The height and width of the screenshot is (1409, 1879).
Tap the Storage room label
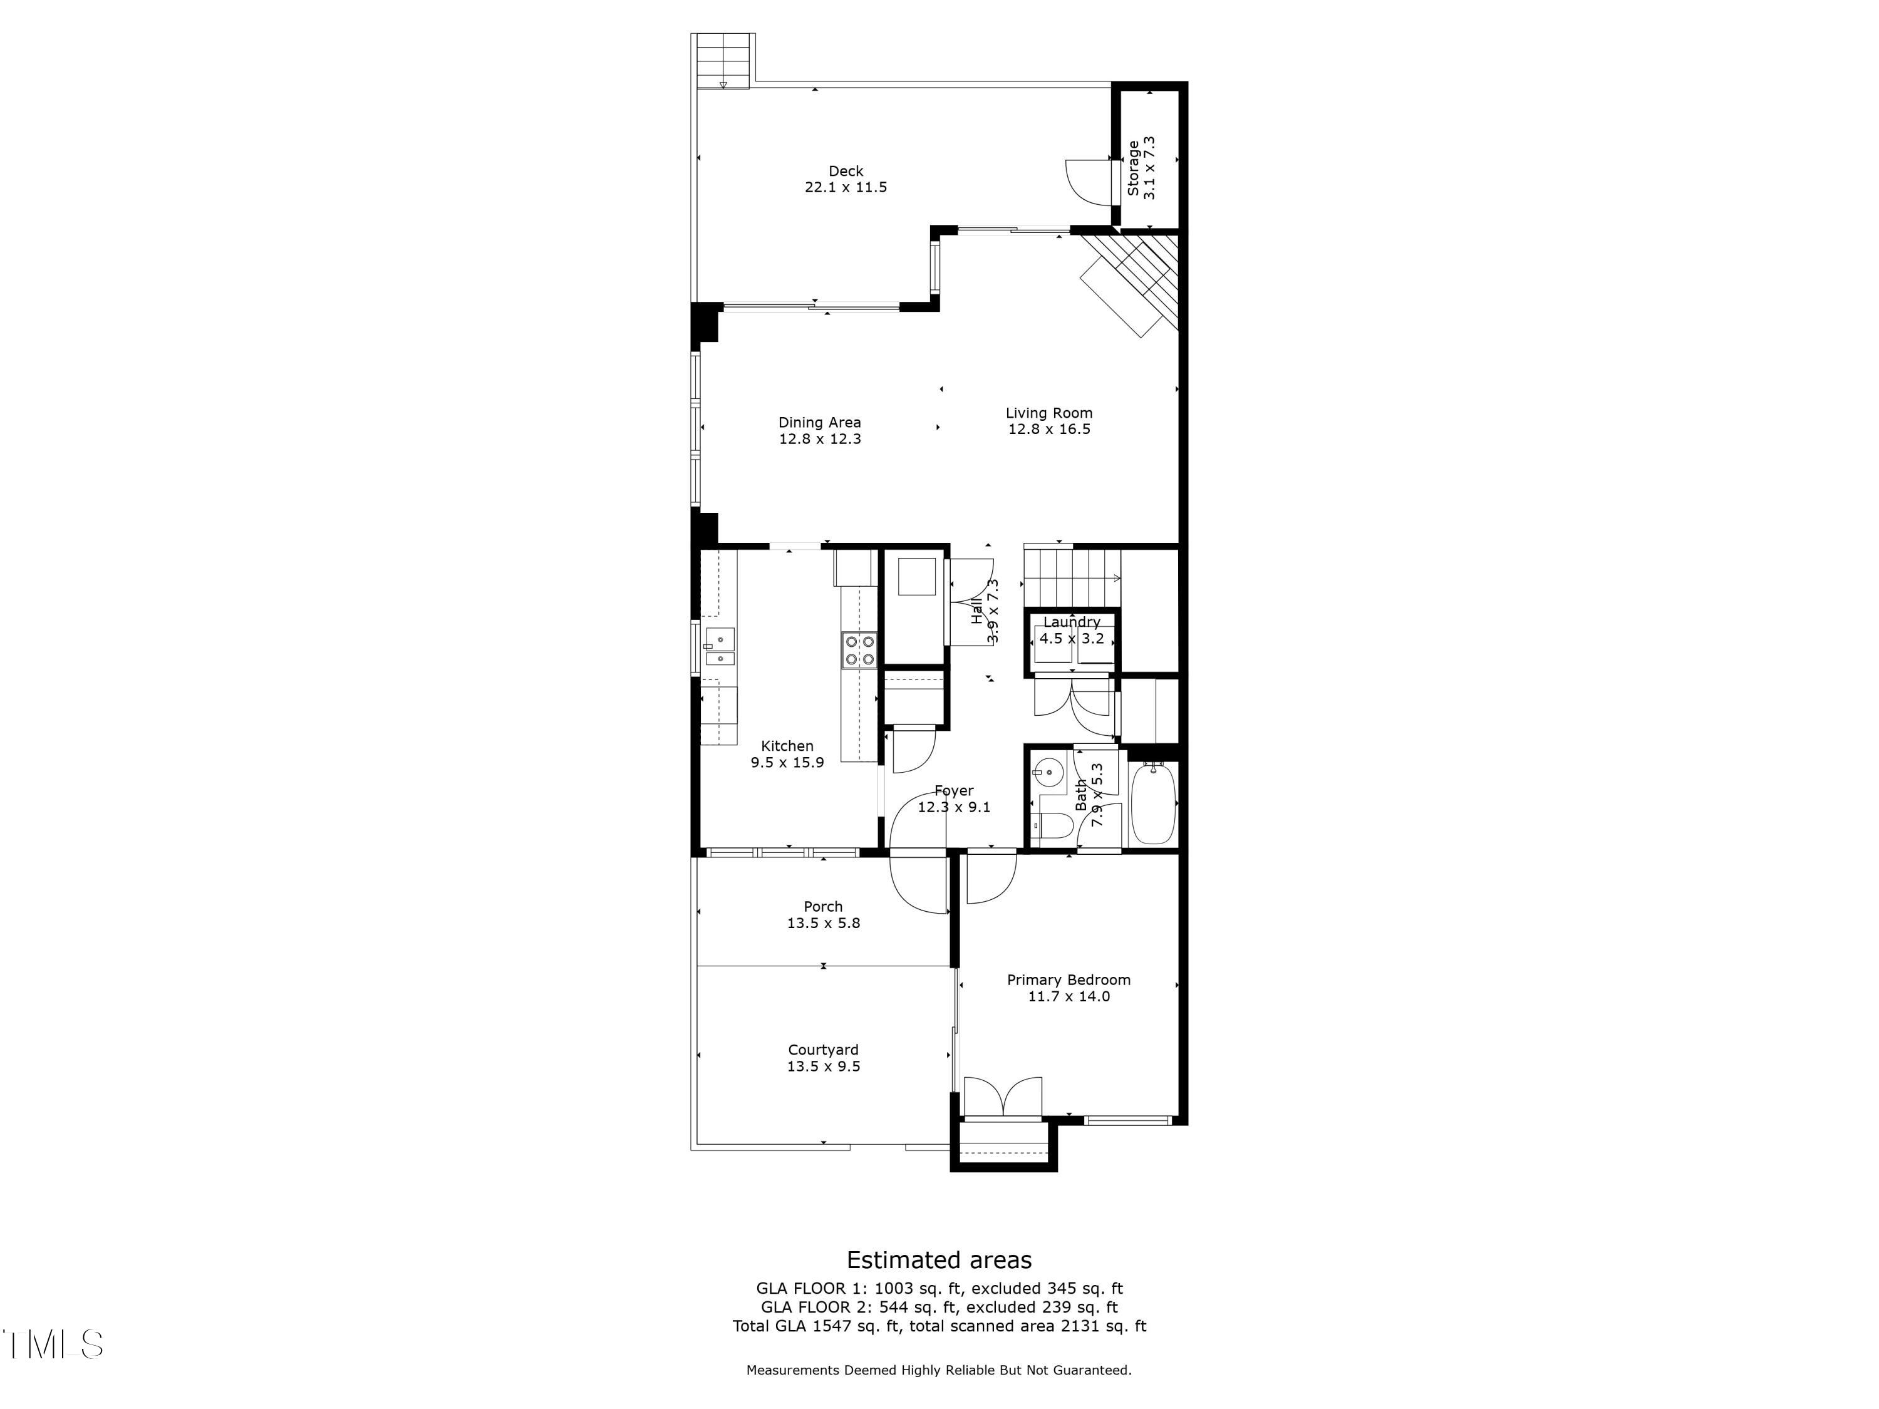[x=1133, y=168]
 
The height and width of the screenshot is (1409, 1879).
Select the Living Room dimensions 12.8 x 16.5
[x=1049, y=430]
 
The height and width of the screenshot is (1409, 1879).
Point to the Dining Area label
[x=820, y=422]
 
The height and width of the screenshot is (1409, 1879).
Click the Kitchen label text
[x=787, y=746]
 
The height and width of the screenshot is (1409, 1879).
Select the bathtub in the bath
[x=1152, y=803]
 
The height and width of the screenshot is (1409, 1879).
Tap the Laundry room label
[x=1072, y=622]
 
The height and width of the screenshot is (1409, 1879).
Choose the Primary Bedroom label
[x=1069, y=980]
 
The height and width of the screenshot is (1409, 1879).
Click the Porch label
[x=823, y=907]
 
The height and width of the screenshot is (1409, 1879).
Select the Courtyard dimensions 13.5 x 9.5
[x=823, y=1066]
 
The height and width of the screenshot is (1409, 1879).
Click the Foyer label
[x=954, y=791]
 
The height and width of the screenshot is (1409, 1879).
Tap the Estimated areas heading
[x=939, y=1259]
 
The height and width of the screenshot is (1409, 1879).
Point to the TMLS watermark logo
[x=53, y=1344]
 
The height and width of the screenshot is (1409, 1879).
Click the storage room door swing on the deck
[x=1089, y=181]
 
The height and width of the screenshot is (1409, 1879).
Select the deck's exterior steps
[x=723, y=60]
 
